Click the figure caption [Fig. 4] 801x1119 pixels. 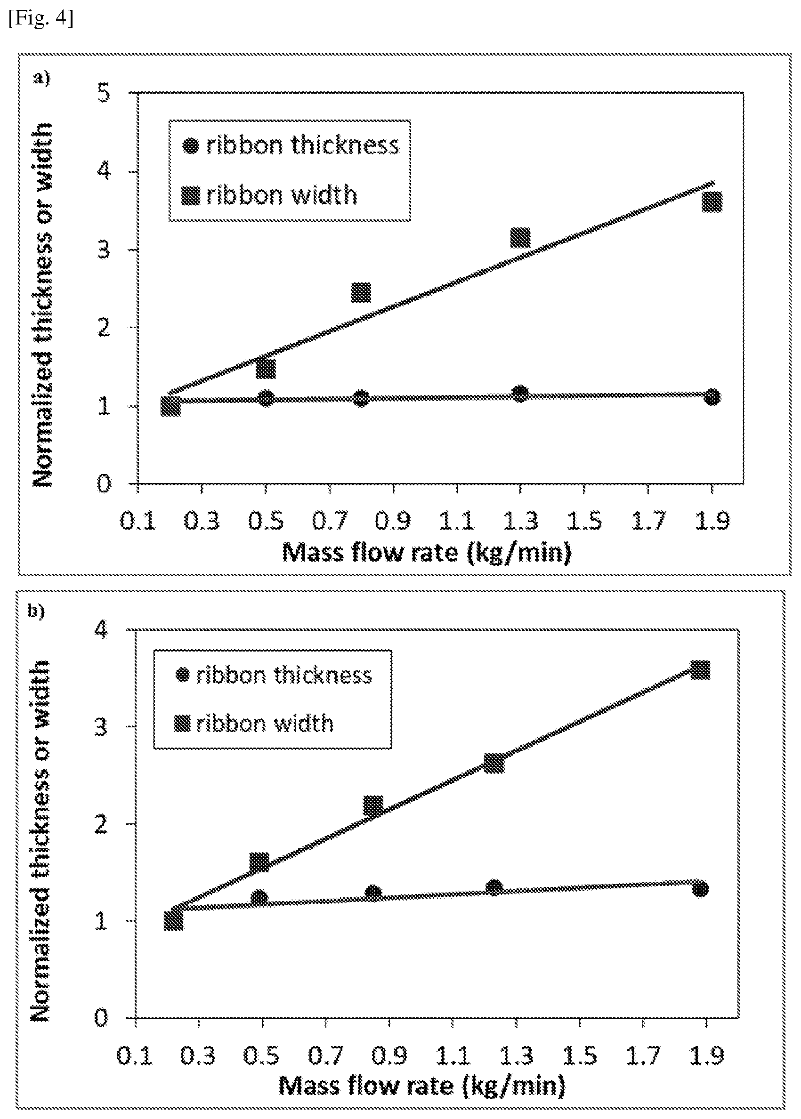coord(41,19)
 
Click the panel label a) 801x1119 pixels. coord(42,78)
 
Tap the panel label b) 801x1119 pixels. coord(36,612)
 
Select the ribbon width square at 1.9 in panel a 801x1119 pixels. coord(712,201)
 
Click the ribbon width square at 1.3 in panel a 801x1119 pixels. coord(520,238)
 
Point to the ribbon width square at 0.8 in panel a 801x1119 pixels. coord(361,292)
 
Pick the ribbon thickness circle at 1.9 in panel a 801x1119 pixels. coord(712,397)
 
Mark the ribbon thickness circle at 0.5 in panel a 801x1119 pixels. coord(266,398)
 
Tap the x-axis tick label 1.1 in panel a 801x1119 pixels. coord(456,521)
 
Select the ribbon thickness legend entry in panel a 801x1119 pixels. coord(291,145)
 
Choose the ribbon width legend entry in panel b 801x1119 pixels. coord(254,724)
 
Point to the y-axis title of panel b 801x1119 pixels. coord(40,840)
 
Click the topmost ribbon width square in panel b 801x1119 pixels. coord(700,670)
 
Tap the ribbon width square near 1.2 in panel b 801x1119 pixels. coord(494,763)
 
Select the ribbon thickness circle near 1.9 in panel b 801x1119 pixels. coord(700,889)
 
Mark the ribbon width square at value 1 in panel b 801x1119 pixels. coord(173,920)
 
